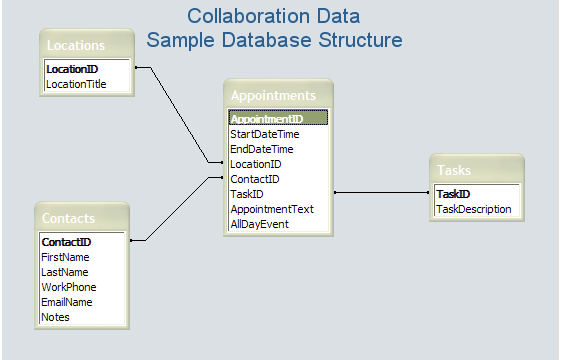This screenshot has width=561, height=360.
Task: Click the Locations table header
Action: pos(76,45)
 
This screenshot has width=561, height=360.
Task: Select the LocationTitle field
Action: pos(76,84)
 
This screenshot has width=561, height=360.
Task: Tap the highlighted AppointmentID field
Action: pos(278,118)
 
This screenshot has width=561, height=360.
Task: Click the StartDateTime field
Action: pos(265,134)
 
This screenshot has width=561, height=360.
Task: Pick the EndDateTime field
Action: pos(262,149)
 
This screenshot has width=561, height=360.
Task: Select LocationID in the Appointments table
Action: pos(256,164)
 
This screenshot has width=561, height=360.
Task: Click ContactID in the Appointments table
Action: pos(255,179)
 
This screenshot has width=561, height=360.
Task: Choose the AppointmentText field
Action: pos(272,209)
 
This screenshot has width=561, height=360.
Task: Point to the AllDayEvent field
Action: pos(259,224)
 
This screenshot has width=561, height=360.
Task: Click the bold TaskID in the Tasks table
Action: pos(453,194)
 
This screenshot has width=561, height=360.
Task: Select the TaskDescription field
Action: pos(474,209)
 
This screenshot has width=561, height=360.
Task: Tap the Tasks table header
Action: pos(454,170)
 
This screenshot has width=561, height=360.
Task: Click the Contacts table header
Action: pos(68,218)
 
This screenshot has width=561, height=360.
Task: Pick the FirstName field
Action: pos(65,257)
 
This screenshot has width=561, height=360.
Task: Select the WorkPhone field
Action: pos(69,287)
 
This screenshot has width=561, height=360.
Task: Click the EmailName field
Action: pos(67,302)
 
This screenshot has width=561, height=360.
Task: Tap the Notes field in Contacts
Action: pos(55,317)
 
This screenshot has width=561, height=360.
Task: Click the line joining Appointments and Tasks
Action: pos(381,193)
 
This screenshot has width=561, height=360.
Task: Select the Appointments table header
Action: pos(273,96)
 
